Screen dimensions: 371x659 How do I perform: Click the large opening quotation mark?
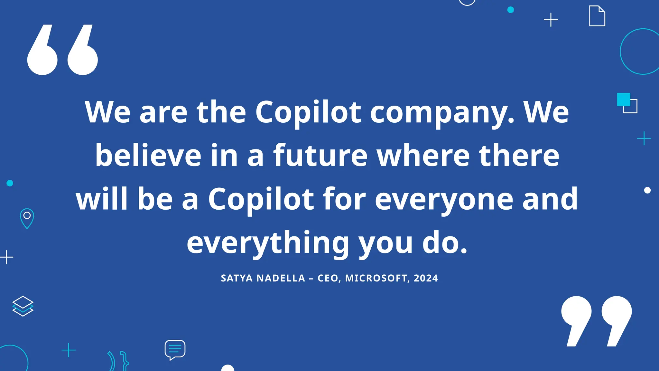tap(62, 50)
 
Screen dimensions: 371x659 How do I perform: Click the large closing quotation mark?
tap(596, 321)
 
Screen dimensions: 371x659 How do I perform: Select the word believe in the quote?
tap(148, 156)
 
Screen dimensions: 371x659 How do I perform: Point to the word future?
tap(320, 156)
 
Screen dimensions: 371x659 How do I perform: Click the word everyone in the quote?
tap(444, 199)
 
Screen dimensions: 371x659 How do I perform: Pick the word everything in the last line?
tap(268, 243)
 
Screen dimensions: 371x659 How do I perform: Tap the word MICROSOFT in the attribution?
tap(376, 278)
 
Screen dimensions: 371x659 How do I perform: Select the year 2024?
tap(426, 278)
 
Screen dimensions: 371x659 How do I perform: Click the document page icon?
tap(597, 16)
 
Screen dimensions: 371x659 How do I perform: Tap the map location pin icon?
tap(27, 218)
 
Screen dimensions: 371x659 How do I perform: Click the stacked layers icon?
tap(23, 306)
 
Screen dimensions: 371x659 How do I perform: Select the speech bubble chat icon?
tap(175, 349)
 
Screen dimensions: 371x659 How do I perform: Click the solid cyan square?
tap(623, 100)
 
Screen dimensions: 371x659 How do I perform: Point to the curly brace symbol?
tap(124, 361)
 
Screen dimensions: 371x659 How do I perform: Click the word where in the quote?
tap(423, 156)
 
